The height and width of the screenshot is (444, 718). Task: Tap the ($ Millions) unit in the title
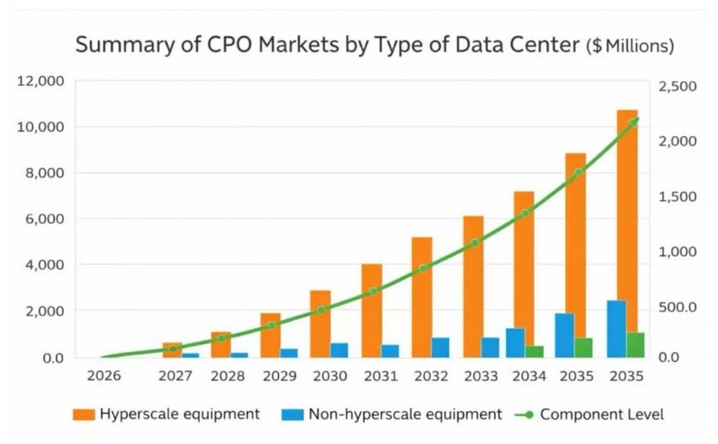(x=630, y=47)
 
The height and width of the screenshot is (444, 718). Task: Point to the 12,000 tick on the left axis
(x=41, y=80)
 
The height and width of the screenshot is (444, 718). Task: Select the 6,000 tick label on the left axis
(x=45, y=219)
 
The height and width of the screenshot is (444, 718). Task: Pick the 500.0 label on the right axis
(x=677, y=307)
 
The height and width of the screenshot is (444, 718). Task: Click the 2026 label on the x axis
(x=103, y=375)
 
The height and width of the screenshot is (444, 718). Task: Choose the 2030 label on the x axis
(x=330, y=375)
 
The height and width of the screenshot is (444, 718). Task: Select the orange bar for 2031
(x=371, y=310)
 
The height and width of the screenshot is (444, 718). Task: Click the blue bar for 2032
(x=440, y=347)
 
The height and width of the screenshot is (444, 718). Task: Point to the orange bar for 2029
(x=270, y=335)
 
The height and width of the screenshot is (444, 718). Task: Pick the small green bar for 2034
(x=534, y=351)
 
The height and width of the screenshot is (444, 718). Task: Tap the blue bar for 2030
(x=339, y=350)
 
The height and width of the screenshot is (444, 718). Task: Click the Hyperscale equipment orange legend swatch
(x=84, y=415)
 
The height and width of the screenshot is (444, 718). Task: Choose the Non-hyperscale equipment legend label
(x=404, y=414)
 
